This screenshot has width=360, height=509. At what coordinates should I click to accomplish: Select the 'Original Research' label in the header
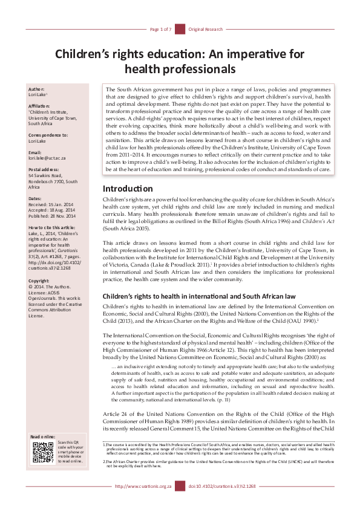[206, 29]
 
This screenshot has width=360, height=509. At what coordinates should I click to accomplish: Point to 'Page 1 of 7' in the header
[161, 29]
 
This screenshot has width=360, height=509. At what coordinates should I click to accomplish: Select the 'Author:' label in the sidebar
[37, 89]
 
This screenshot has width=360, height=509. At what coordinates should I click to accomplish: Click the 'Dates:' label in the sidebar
[36, 198]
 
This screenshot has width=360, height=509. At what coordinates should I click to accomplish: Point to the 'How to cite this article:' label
[52, 227]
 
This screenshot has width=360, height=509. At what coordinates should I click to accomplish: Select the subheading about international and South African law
[199, 297]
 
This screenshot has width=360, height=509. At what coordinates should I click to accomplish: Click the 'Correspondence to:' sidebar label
[48, 135]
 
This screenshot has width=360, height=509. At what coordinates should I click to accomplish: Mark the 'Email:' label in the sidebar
[36, 152]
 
